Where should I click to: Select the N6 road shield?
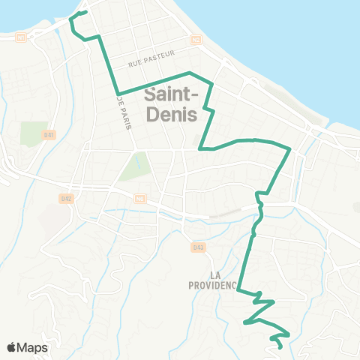(139, 198)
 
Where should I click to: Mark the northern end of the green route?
(86, 12)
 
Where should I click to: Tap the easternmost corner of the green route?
(290, 149)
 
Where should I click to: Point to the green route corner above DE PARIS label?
(118, 94)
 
